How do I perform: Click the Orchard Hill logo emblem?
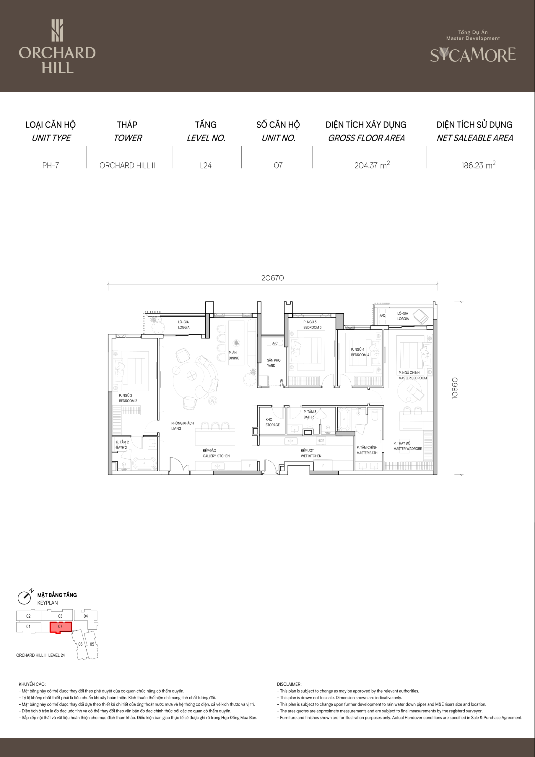pos(57,30)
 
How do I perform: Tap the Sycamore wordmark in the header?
pos(473,55)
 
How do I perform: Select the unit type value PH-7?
pos(51,166)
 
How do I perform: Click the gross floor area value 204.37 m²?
pos(372,165)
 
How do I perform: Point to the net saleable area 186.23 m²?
pos(478,165)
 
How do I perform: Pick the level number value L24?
pos(206,166)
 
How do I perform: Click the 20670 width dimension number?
pos(272,278)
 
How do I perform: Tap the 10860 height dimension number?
pos(455,388)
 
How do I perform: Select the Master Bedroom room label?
pos(412,375)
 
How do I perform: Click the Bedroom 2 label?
pos(128,398)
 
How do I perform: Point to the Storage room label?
pos(272,422)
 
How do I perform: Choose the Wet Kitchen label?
pos(311,453)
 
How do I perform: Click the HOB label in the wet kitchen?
pos(321,441)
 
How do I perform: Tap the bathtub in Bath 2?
pos(144,463)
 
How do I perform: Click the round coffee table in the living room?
pos(191,375)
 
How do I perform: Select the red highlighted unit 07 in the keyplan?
pos(61,627)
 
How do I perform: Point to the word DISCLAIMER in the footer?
pos(289,684)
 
